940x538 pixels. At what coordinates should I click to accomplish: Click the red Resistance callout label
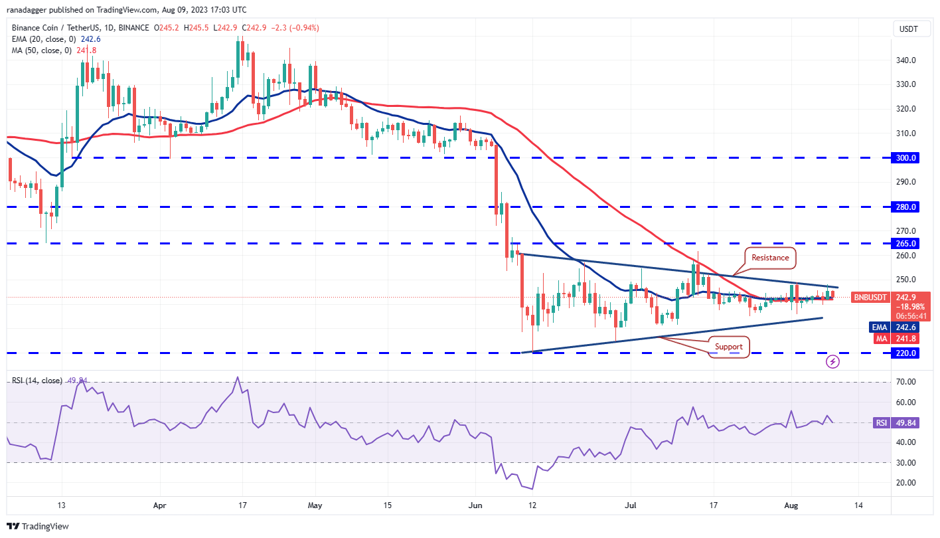point(770,258)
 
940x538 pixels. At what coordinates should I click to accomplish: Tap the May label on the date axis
point(315,505)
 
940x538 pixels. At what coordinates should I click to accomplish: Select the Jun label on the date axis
point(476,505)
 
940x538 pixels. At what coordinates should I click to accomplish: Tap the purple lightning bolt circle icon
point(832,362)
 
